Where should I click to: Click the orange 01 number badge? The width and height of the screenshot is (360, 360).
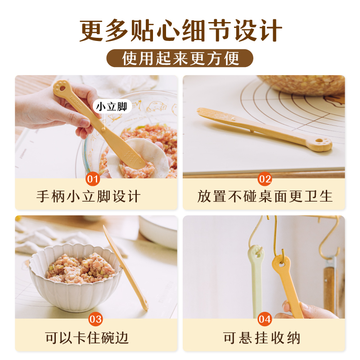(x=93, y=179)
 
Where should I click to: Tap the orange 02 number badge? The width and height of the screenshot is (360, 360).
(x=265, y=179)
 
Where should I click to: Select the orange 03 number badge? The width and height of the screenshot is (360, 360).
(x=95, y=319)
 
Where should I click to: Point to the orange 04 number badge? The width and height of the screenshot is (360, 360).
(x=265, y=319)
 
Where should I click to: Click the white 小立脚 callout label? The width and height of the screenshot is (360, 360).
(x=112, y=106)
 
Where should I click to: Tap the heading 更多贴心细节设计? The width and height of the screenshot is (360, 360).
(x=180, y=31)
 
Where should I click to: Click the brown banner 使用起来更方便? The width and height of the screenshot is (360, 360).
(x=180, y=58)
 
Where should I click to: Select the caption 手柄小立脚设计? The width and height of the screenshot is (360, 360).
(x=89, y=197)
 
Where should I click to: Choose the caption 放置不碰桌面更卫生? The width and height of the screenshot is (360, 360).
(x=265, y=197)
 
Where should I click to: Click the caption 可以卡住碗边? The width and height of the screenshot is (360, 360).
(x=86, y=338)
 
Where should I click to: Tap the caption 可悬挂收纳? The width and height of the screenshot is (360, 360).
(x=261, y=338)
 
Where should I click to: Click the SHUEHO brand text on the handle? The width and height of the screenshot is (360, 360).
(x=76, y=101)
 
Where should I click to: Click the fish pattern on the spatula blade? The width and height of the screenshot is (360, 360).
(x=131, y=157)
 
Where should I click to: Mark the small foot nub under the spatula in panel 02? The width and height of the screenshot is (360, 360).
(x=252, y=131)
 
